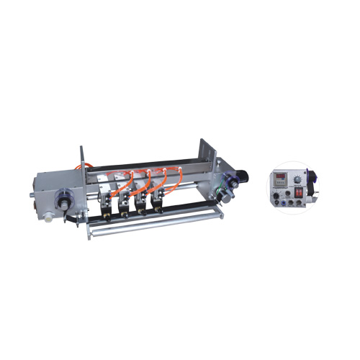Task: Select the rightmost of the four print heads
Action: coord(155,199)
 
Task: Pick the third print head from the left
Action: coord(140,200)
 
